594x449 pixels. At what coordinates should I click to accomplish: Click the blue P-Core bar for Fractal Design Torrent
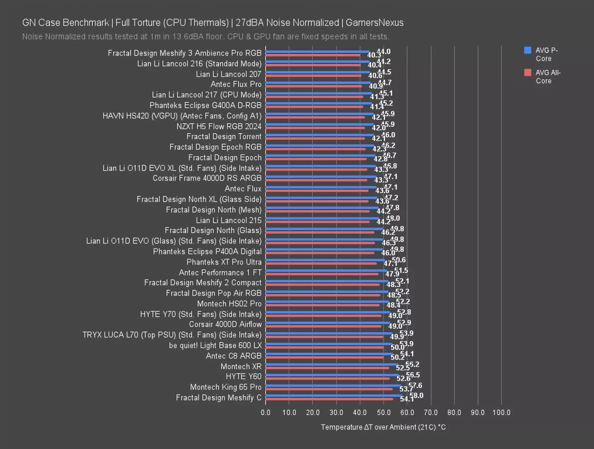319,135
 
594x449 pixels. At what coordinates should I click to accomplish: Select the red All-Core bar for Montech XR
327,368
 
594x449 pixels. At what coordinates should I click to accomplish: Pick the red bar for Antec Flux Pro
313,86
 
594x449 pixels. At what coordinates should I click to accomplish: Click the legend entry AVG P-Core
547,54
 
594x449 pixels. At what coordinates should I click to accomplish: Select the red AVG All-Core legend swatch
527,73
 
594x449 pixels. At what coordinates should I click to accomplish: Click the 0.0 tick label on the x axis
266,413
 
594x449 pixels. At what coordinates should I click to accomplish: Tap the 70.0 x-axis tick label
430,413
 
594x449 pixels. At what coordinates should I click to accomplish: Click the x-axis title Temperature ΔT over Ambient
383,427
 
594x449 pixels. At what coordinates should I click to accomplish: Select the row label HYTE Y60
243,377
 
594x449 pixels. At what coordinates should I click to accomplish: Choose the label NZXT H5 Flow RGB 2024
219,126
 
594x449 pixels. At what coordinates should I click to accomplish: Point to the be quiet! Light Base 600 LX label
215,345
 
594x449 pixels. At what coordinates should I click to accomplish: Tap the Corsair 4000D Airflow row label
225,324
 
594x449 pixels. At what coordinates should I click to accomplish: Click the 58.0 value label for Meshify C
415,395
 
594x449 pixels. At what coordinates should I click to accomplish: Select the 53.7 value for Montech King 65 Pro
406,389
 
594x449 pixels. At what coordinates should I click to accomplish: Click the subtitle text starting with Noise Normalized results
205,37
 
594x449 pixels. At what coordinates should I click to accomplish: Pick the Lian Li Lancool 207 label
228,74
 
